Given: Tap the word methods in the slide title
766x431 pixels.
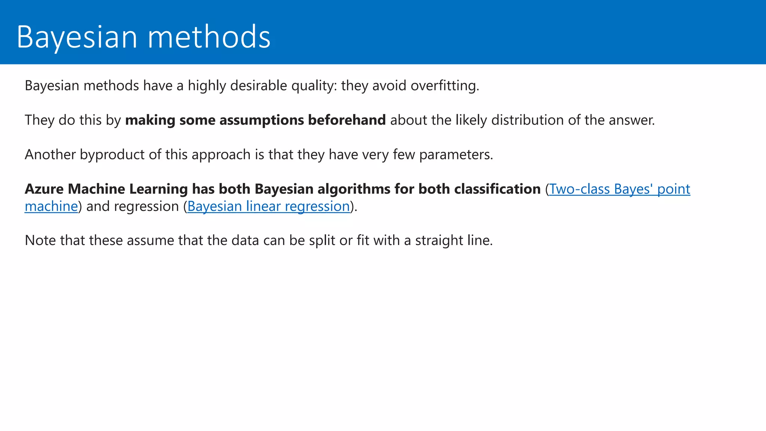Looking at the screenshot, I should pyautogui.click(x=209, y=37).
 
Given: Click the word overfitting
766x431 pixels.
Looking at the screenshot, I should pyautogui.click(x=444, y=86).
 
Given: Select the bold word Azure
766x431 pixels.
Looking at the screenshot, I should pyautogui.click(x=44, y=189).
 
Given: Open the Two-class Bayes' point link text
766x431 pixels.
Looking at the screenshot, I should pyautogui.click(x=619, y=189).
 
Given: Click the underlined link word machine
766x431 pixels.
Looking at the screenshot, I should pyautogui.click(x=51, y=206).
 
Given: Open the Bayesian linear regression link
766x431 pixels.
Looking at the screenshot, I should pyautogui.click(x=269, y=206).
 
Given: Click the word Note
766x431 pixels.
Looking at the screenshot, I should pyautogui.click(x=40, y=240).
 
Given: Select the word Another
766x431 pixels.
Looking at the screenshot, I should pyautogui.click(x=50, y=155).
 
